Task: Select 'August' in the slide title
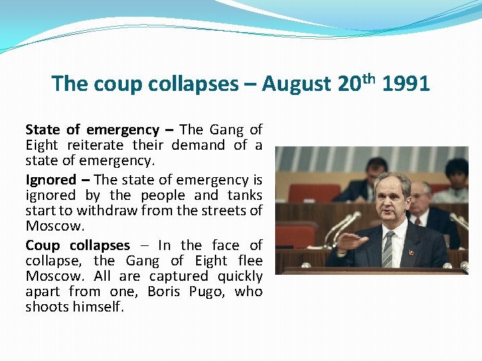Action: point(296,84)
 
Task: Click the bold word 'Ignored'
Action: point(51,180)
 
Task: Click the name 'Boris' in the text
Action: point(164,291)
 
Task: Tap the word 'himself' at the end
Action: point(99,307)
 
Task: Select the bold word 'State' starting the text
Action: point(43,130)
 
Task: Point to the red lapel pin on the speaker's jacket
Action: point(411,254)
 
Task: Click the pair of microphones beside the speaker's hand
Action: point(338,227)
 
